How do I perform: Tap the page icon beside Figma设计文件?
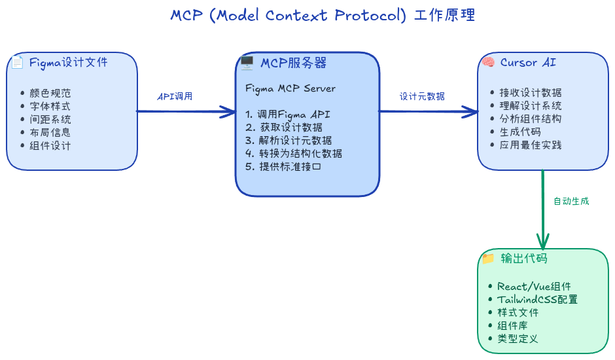pyautogui.click(x=17, y=63)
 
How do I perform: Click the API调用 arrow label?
pyautogui.click(x=175, y=96)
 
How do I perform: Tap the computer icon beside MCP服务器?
pyautogui.click(x=247, y=63)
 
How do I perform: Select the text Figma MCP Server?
pyautogui.click(x=290, y=88)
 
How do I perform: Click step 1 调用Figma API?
pyautogui.click(x=288, y=115)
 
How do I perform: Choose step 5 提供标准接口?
pyautogui.click(x=283, y=166)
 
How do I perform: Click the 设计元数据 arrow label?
pyautogui.click(x=422, y=96)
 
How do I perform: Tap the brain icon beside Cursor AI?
pyautogui.click(x=488, y=63)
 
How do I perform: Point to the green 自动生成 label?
pyautogui.click(x=571, y=201)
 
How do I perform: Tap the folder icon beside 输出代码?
pyautogui.click(x=488, y=259)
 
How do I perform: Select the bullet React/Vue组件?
pyautogui.click(x=533, y=287)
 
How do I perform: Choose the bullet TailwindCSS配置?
pyautogui.click(x=536, y=300)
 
